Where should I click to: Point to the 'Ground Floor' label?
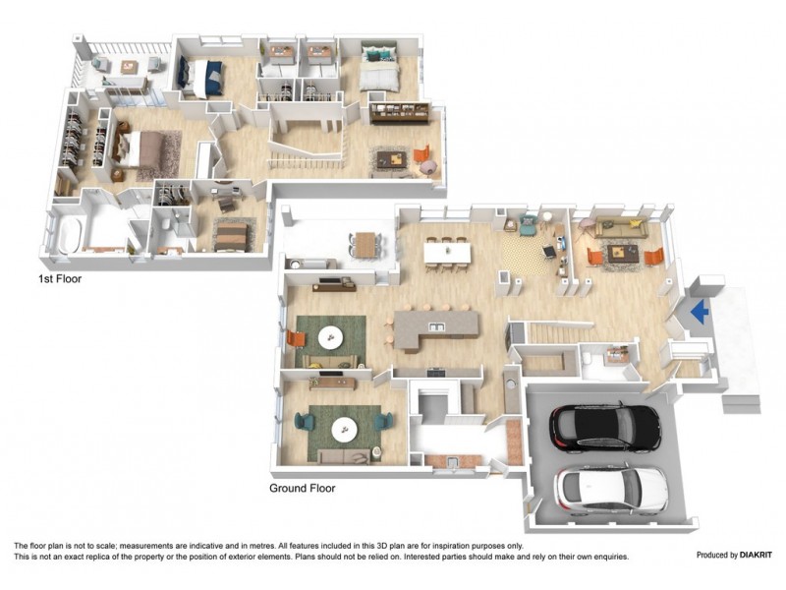click(303, 488)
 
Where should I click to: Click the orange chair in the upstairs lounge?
click(422, 155)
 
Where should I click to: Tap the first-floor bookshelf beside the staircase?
click(397, 110)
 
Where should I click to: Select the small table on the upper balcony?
click(128, 67)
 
